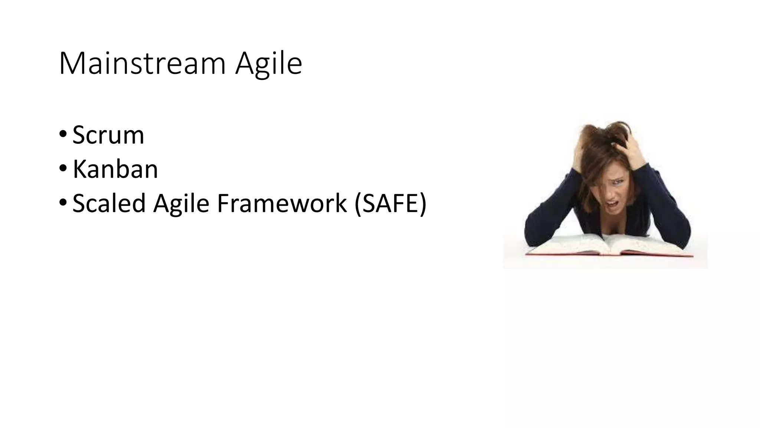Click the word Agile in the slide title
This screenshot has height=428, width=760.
click(269, 64)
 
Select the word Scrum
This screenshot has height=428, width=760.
click(108, 135)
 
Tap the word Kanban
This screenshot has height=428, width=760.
click(115, 169)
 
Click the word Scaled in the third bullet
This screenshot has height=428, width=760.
click(109, 204)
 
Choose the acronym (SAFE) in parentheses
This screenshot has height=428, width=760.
click(390, 204)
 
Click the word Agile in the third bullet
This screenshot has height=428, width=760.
click(181, 204)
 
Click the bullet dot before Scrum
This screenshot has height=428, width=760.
click(63, 133)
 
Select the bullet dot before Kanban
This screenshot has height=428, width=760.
click(63, 168)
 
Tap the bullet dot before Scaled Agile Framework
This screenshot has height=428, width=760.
click(63, 202)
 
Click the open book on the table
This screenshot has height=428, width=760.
click(609, 245)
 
